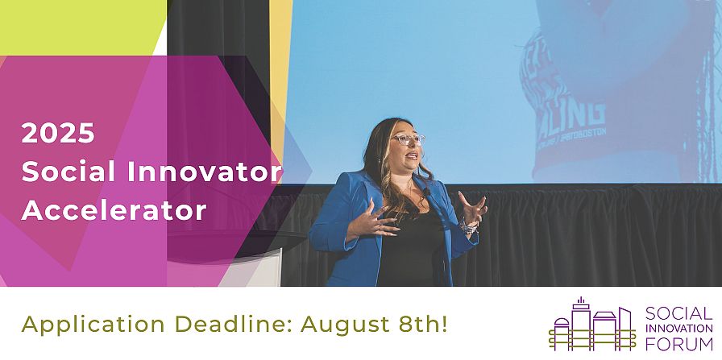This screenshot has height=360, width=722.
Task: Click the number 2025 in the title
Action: pos(58,134)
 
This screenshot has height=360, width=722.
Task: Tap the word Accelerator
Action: pos(114,210)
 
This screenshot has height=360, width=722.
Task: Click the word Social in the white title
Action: pos(65,172)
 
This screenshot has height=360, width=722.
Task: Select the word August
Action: pos(347,325)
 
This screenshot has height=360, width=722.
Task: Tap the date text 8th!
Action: pos(424,325)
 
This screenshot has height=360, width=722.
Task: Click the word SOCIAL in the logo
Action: pos(678,313)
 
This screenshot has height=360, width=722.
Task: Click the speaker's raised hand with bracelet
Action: pos(471,212)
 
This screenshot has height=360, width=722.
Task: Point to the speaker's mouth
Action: pos(412,155)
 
